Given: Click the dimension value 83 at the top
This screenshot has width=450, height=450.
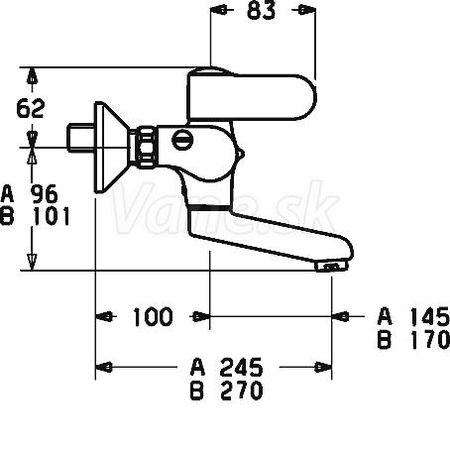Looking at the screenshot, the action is [x=261, y=10].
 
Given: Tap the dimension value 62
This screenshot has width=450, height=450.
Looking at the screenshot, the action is [x=30, y=108].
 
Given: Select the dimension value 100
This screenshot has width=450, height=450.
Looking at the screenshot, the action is [x=153, y=317].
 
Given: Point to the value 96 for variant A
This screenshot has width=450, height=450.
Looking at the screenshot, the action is [x=44, y=194].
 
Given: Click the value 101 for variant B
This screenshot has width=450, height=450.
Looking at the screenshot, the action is [x=52, y=216].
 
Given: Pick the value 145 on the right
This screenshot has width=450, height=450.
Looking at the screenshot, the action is [x=430, y=316].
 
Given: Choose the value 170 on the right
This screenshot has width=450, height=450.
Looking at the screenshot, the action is [x=430, y=339].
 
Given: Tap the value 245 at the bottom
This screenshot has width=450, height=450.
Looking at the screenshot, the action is [x=241, y=367].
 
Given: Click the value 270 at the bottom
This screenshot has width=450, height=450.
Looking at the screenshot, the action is [x=241, y=391].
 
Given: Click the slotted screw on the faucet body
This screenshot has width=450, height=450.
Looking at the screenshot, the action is [x=182, y=140].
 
